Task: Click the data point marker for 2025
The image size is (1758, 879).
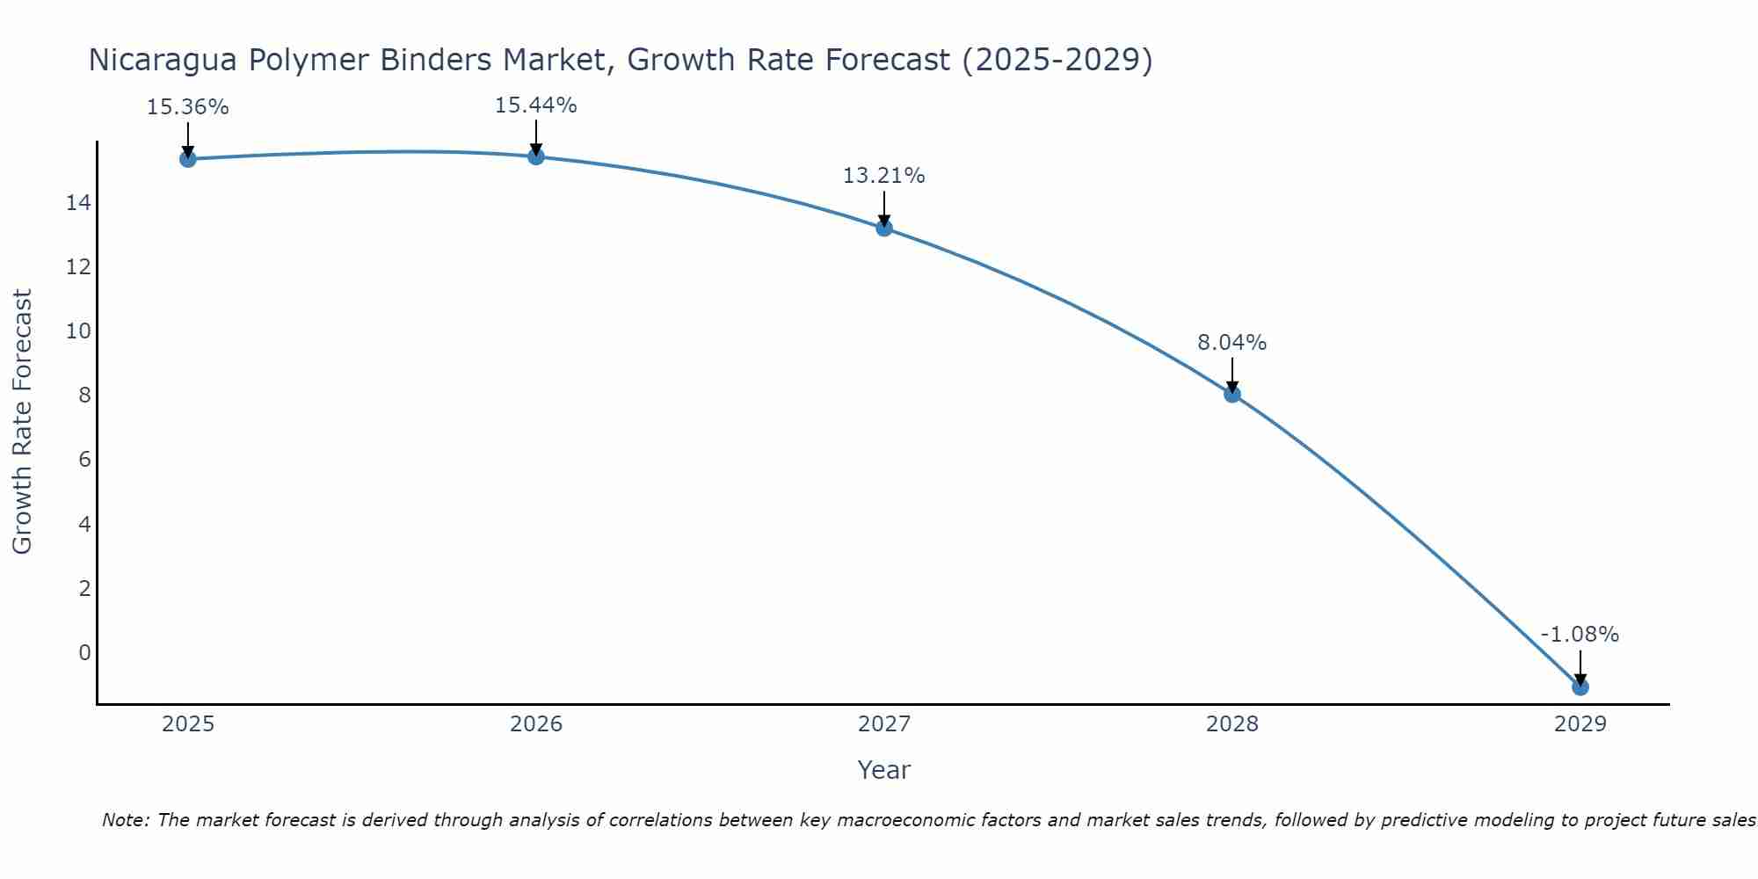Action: point(188,159)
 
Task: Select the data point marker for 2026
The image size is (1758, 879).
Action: point(536,156)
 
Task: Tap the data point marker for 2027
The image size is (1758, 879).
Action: point(884,229)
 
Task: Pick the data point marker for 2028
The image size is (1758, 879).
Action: point(1232,395)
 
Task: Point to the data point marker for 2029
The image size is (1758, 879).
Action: point(1580,687)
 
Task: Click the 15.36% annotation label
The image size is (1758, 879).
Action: point(188,107)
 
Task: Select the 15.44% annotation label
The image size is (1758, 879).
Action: point(536,105)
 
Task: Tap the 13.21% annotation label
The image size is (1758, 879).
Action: point(884,176)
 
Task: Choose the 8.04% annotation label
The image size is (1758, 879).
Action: point(1232,343)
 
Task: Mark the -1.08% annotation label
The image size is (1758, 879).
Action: point(1580,635)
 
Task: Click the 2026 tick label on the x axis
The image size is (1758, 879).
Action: point(536,724)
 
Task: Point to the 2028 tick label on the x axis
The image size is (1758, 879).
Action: point(1232,724)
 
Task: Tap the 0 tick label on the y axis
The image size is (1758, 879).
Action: point(84,653)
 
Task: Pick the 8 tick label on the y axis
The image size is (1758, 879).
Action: point(84,396)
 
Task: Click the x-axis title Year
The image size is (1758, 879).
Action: point(884,770)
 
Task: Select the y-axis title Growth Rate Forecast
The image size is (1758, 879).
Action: point(23,422)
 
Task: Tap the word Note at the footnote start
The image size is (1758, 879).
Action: point(126,821)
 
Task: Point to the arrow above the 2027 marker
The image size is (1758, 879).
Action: point(884,208)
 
